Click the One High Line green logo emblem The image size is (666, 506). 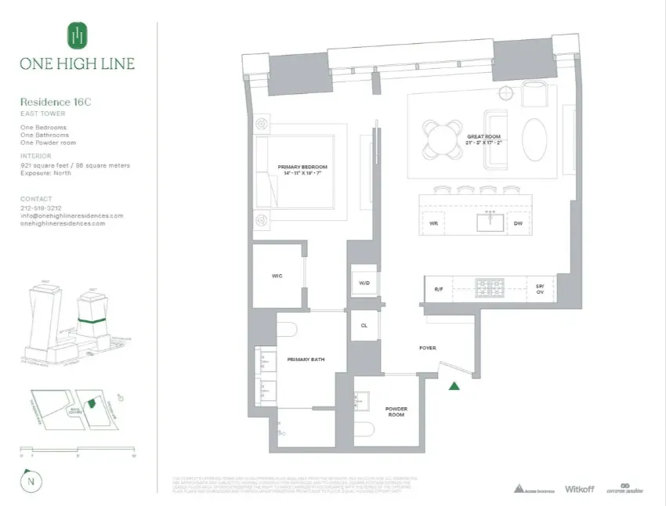77,36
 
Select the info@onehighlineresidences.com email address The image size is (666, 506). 71,215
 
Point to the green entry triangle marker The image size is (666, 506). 454,385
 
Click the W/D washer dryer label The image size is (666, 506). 364,283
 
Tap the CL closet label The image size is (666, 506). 364,325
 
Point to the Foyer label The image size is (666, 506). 428,347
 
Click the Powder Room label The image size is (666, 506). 396,412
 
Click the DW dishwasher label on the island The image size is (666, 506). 518,223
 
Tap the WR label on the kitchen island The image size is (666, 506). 433,223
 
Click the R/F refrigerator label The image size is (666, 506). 439,290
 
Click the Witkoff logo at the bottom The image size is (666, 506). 579,489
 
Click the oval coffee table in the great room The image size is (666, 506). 536,139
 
